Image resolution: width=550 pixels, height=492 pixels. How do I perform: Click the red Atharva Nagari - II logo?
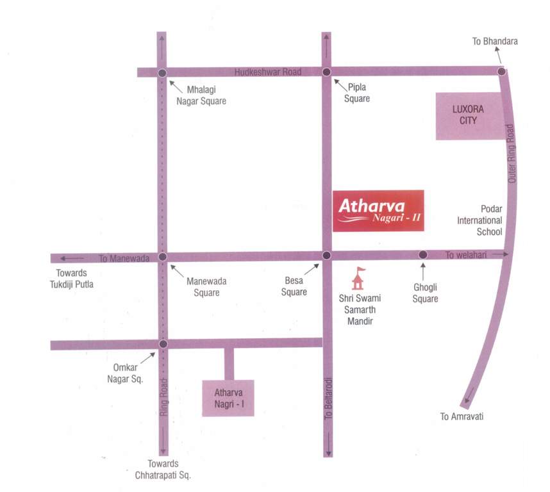click(x=378, y=211)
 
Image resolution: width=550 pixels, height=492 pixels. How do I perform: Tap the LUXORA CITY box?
click(x=468, y=116)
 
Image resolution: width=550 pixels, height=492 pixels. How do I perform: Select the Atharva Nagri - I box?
click(x=228, y=398)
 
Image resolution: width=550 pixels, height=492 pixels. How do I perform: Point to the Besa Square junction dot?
click(x=326, y=256)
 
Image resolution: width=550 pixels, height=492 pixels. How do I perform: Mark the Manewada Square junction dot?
click(x=162, y=257)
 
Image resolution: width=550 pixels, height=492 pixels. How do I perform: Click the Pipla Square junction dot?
click(x=326, y=72)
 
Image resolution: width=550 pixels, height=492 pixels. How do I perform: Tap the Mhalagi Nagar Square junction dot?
click(x=162, y=73)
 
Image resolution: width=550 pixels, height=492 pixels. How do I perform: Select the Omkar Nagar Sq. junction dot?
click(x=163, y=344)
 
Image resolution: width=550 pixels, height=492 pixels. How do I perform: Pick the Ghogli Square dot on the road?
click(x=422, y=255)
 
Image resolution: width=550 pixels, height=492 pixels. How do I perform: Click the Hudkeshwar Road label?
click(x=267, y=72)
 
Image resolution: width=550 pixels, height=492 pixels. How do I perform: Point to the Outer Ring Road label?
click(x=512, y=153)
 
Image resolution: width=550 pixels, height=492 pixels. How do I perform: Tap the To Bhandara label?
click(x=495, y=42)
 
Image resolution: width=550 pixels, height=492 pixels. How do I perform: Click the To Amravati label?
click(x=462, y=417)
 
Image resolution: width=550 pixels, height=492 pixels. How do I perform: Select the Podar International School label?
click(x=479, y=220)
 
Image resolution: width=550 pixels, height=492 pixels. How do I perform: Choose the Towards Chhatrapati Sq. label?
click(x=163, y=470)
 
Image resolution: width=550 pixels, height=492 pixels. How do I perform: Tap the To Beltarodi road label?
click(x=328, y=397)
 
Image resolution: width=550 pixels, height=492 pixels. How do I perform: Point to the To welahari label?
click(x=466, y=255)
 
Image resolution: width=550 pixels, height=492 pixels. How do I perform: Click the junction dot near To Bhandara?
click(x=502, y=71)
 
